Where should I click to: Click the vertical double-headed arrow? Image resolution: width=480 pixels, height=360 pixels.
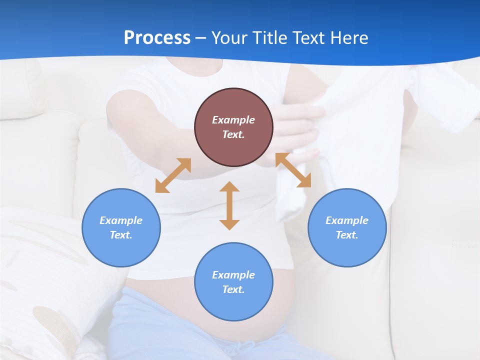pos(229,205)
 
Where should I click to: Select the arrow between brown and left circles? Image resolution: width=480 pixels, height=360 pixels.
pos(173,175)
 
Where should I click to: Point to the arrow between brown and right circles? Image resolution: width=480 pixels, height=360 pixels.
pos(293,170)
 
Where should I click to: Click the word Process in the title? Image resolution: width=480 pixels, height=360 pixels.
pos(157,37)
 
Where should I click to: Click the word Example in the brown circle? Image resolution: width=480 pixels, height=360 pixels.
pos(233,120)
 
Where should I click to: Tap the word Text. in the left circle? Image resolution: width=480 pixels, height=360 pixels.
pos(121,235)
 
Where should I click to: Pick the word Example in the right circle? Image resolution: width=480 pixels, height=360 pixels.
pos(347,220)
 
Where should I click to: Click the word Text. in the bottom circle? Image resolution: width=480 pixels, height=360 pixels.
pos(233,289)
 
